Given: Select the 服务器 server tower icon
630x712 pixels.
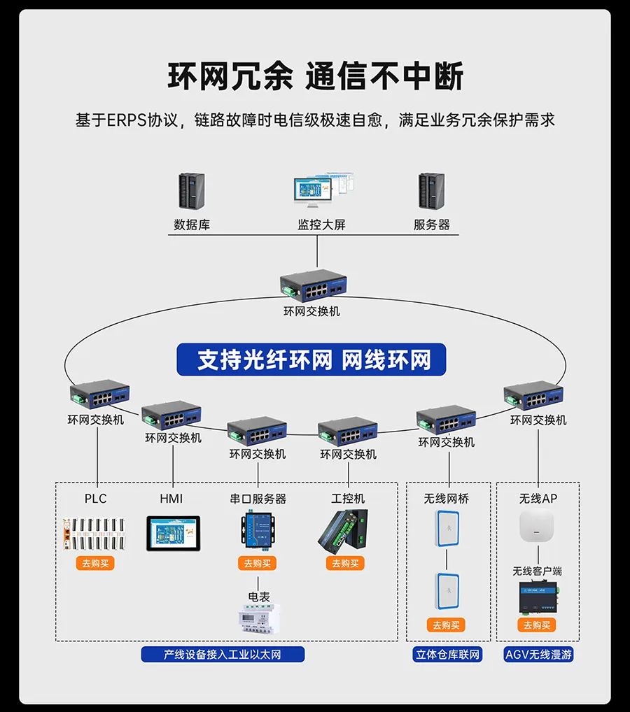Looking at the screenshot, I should pyautogui.click(x=431, y=191).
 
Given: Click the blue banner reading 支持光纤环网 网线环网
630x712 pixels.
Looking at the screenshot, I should pyautogui.click(x=311, y=360).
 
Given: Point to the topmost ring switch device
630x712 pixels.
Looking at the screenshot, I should pyautogui.click(x=313, y=285).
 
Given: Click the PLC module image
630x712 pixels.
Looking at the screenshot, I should pyautogui.click(x=95, y=535).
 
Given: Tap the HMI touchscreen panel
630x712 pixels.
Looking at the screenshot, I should pyautogui.click(x=173, y=534).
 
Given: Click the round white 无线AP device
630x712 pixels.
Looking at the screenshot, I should pyautogui.click(x=538, y=527).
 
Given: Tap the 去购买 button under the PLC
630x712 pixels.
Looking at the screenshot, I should pyautogui.click(x=95, y=563).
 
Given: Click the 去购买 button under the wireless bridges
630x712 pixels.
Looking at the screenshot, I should pyautogui.click(x=446, y=625).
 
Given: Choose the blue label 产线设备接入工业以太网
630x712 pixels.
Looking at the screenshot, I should pyautogui.click(x=223, y=655).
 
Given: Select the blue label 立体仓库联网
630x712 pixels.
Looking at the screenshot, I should pyautogui.click(x=447, y=655).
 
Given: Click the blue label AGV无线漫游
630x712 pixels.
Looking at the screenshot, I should pyautogui.click(x=538, y=655).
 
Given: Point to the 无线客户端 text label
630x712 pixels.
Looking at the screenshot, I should pyautogui.click(x=538, y=571).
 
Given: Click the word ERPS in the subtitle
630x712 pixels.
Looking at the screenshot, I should pyautogui.click(x=127, y=120).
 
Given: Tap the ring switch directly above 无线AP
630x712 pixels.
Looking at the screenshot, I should pyautogui.click(x=533, y=396).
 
